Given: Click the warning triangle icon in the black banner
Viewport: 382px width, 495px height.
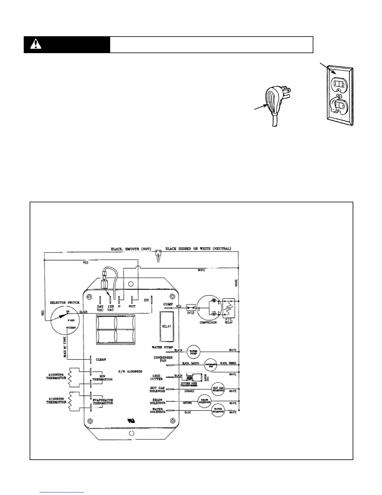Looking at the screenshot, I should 36,45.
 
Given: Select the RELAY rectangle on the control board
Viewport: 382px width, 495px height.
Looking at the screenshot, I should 167,326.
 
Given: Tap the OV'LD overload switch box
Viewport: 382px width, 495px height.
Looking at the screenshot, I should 190,307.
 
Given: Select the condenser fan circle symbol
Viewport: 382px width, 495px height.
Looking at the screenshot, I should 211,365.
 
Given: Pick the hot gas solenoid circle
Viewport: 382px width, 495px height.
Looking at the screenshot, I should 218,389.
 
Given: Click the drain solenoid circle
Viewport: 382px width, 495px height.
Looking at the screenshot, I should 205,401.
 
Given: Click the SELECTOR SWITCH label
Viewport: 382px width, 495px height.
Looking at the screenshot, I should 65,303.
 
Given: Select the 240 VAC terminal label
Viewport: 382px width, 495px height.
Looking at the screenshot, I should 100,308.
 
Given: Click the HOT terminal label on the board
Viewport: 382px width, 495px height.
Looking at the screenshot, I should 132,306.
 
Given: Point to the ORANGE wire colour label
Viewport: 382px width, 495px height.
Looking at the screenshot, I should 189,391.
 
